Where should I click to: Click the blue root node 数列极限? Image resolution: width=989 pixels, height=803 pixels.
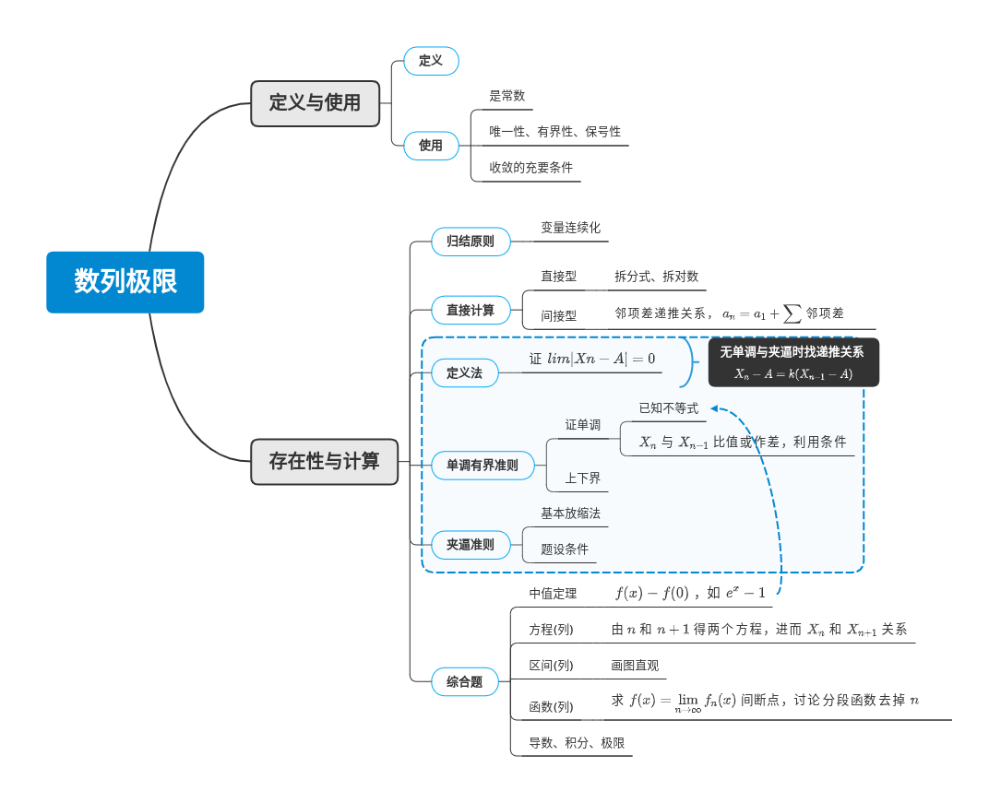(125, 282)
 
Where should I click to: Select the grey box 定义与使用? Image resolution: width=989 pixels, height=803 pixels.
(316, 103)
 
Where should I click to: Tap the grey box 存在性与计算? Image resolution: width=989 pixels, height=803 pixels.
(325, 461)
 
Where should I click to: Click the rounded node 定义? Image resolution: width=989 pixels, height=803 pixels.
(431, 61)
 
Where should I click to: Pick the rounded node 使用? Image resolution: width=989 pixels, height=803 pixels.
(431, 145)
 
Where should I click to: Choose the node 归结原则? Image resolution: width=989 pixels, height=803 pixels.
(471, 242)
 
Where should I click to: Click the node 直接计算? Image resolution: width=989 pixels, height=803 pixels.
(471, 311)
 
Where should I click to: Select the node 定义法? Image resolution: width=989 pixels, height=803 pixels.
(464, 372)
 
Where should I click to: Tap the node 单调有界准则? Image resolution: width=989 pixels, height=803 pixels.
(483, 466)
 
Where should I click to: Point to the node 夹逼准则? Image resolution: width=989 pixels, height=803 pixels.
(471, 545)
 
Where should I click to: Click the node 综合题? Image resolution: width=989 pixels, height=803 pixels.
(464, 682)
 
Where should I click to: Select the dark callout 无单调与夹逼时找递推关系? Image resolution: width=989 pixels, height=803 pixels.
(793, 361)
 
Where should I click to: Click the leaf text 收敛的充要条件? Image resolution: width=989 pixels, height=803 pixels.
(530, 168)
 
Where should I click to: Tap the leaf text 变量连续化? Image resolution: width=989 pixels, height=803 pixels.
(570, 228)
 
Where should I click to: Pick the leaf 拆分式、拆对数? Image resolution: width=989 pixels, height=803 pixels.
(657, 277)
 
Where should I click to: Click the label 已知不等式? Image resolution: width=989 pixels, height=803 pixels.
(669, 408)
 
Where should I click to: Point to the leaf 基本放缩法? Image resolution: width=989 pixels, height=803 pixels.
(570, 514)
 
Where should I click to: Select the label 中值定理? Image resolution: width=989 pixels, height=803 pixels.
(553, 594)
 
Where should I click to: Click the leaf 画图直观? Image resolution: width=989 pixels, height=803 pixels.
(635, 666)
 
